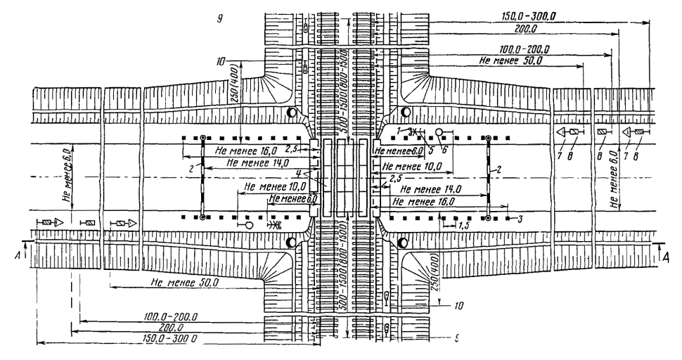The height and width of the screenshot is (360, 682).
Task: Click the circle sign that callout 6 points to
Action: coord(439,132)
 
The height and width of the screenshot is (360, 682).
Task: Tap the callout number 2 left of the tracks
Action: coord(191,169)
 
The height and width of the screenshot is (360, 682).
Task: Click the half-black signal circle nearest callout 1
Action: coord(404,113)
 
